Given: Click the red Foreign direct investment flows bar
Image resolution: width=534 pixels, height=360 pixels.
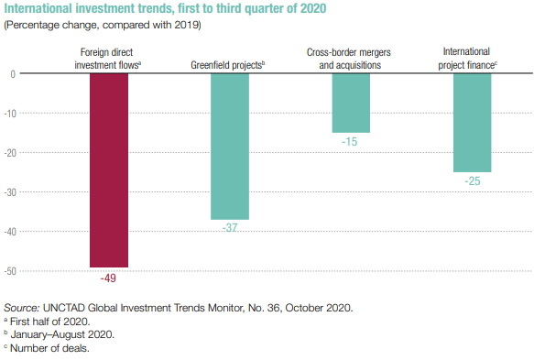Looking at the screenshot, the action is pos(109,170).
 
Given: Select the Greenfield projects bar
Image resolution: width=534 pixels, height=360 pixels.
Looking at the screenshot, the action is pos(230,147).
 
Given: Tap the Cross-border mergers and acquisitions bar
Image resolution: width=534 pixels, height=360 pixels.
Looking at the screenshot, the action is pos(351,104).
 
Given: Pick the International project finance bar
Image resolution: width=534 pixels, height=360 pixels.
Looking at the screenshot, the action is pos(473,123).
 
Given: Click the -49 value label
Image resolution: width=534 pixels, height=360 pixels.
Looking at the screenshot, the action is pos(108,278).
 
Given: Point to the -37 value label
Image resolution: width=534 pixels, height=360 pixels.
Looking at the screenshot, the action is pos(230,227).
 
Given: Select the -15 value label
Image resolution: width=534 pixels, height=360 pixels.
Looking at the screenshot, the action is pos(349,142).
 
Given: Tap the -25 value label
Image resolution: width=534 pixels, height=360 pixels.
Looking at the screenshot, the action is pos(473,181).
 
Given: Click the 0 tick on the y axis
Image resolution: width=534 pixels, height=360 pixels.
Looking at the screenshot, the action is pos(13,74).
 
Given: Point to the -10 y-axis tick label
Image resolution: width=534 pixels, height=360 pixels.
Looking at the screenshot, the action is pos(10,114).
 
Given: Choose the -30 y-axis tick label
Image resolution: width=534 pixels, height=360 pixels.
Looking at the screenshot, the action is pos(10,192).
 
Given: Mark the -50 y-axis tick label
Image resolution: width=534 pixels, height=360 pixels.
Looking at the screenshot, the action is pos(10,271).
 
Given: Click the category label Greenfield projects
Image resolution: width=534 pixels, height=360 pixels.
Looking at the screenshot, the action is pos(227,65).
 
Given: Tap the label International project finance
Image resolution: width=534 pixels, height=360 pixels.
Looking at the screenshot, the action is pos(467,59).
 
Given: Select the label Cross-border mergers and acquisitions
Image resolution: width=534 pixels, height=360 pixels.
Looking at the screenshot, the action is pos(349,59).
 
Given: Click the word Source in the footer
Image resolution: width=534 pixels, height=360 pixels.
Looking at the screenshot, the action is pos(22,308).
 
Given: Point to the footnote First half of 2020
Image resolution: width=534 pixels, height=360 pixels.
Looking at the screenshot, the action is pos(47,322).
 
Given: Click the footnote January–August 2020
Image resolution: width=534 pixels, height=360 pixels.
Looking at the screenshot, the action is pos(60,334).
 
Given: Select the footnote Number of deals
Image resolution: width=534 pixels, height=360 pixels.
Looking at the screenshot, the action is pos(47,348).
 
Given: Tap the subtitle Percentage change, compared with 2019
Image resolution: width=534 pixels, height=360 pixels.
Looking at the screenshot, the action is pos(103,26).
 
